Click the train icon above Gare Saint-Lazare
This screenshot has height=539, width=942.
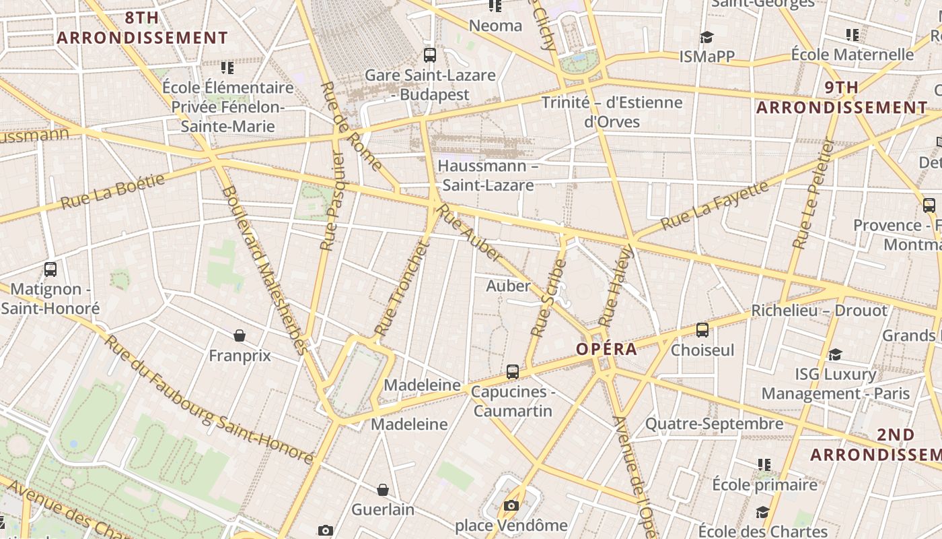[430, 55]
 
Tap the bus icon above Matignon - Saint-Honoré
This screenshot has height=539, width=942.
[50, 269]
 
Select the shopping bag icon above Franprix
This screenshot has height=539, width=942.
[239, 335]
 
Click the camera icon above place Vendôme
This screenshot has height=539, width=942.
[511, 505]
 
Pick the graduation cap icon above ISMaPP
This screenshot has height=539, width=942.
[706, 36]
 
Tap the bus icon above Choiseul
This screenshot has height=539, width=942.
[702, 329]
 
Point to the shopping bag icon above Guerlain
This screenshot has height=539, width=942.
[383, 490]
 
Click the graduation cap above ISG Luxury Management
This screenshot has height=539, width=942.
[835, 354]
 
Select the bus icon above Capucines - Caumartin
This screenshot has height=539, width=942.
[513, 371]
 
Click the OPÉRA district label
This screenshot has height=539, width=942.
[606, 349]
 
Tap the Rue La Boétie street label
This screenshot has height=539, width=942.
[113, 191]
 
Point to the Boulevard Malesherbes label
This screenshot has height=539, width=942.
[264, 269]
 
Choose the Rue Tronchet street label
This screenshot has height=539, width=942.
[402, 288]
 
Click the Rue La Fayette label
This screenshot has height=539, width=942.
[715, 205]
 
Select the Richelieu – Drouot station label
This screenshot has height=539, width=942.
[819, 311]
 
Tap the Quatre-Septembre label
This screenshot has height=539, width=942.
[715, 424]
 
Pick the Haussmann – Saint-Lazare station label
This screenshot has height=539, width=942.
[487, 175]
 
